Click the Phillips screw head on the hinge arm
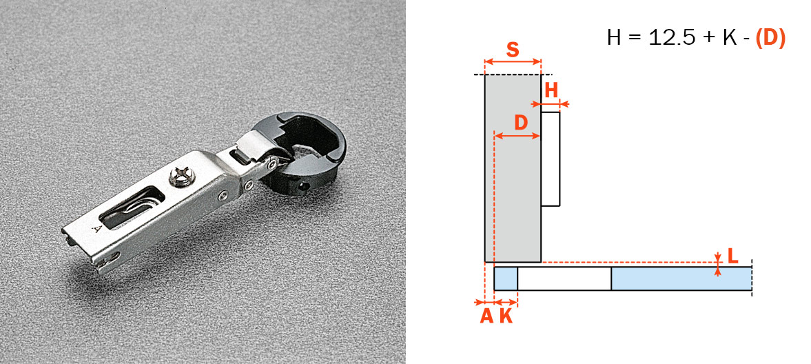181,175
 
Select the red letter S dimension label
512,50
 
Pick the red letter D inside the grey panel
521,123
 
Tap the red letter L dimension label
732,256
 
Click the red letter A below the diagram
486,316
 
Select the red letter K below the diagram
506,316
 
